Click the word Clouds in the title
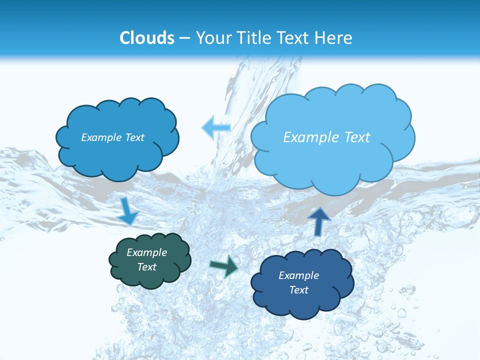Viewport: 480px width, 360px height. (147, 38)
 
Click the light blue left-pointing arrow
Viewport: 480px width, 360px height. (216, 127)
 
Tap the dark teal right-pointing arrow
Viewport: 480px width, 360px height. (224, 266)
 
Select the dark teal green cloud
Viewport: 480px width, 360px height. (150, 275)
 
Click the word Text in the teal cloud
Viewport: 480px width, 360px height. (147, 267)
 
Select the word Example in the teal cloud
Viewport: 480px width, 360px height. (147, 252)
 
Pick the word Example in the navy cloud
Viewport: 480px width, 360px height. (298, 275)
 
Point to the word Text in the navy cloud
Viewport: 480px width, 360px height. (298, 290)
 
